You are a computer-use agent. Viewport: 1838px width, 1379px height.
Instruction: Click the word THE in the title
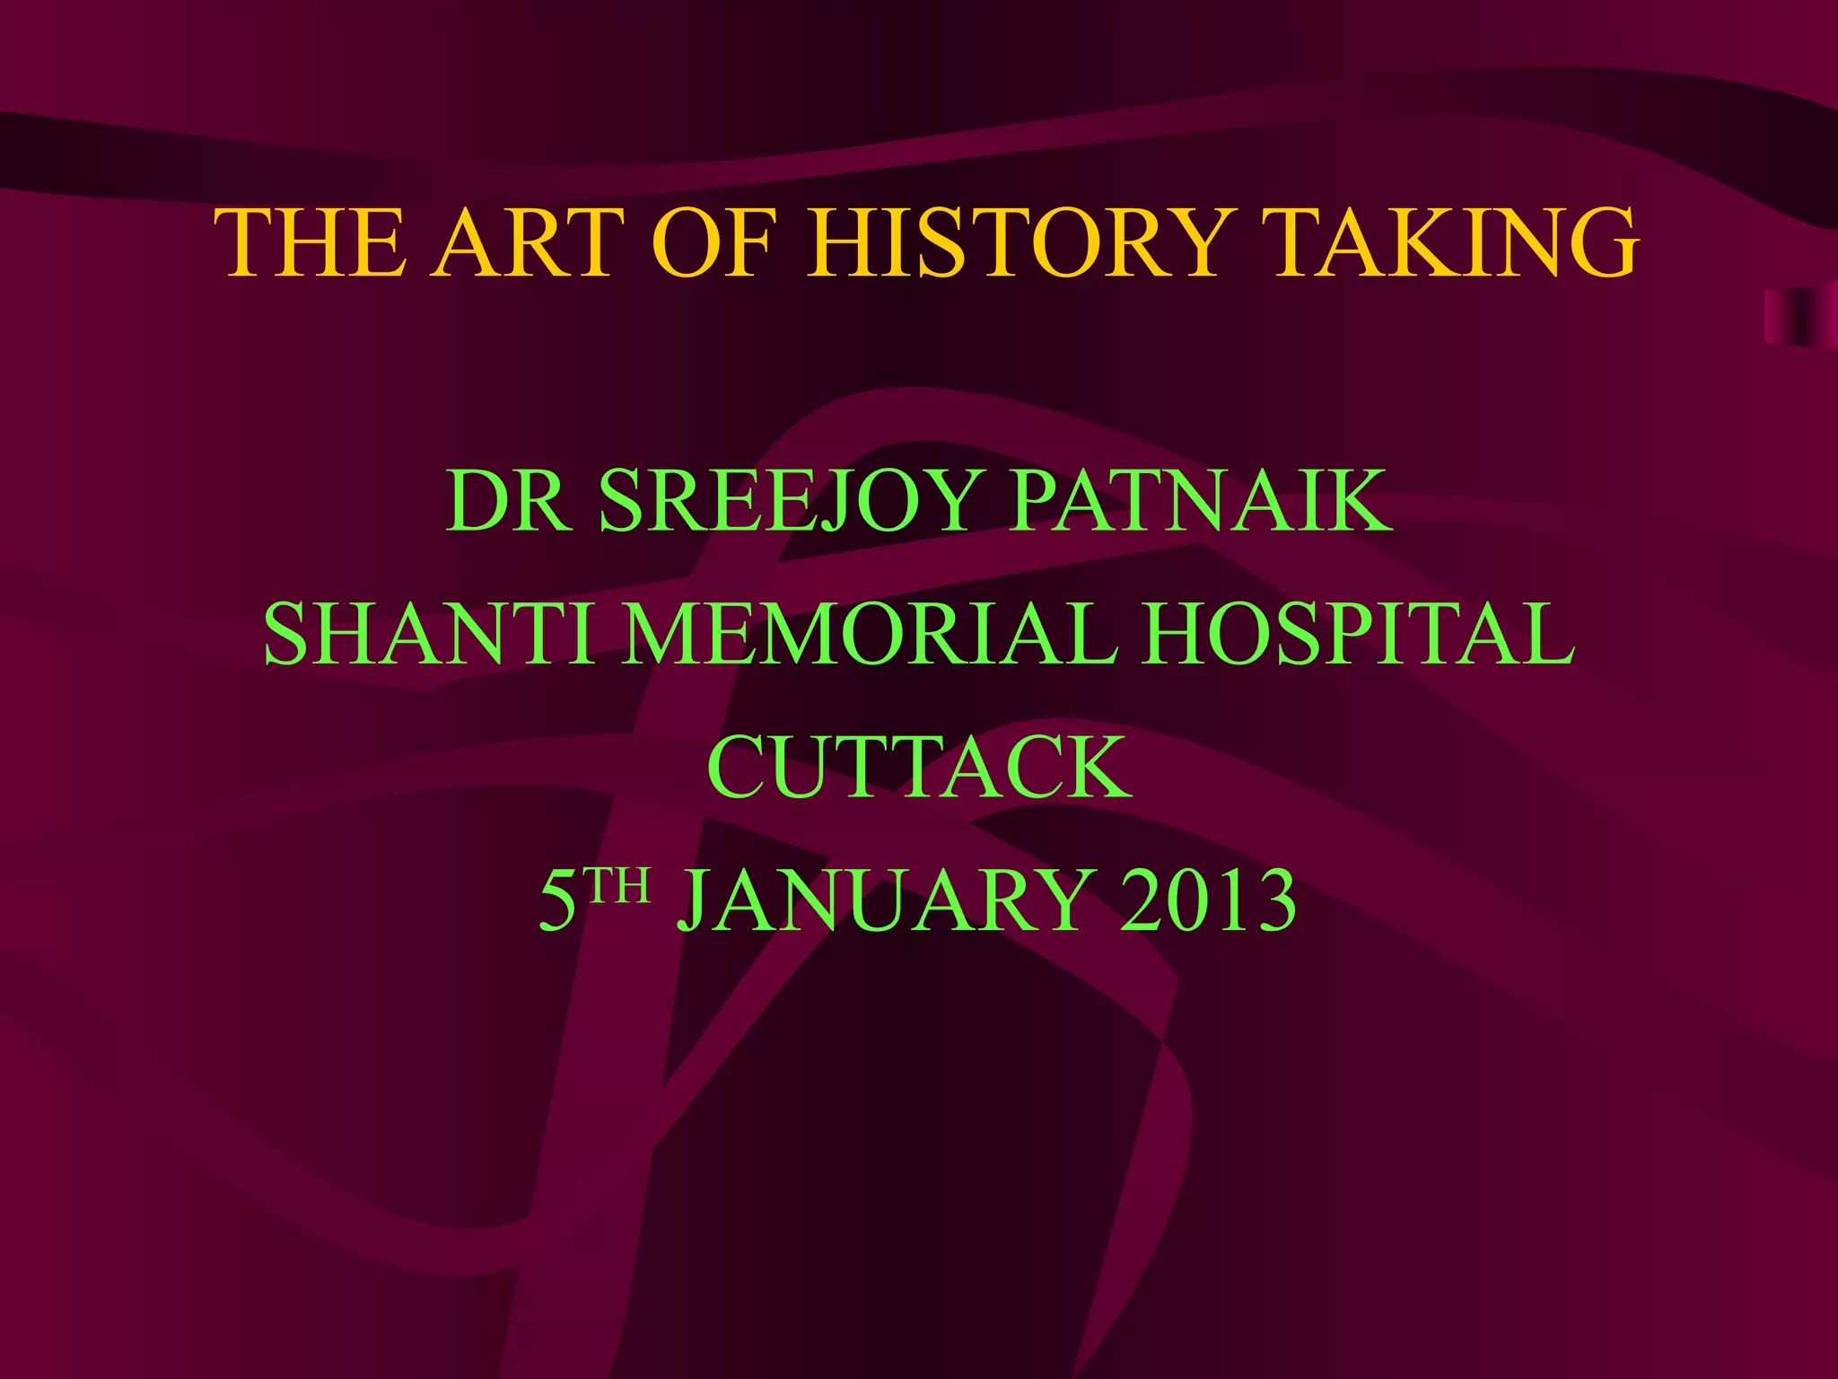tap(310, 243)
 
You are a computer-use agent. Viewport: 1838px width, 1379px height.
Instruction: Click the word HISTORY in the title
tap(1017, 243)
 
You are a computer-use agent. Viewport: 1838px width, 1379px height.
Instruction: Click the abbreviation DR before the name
tap(508, 500)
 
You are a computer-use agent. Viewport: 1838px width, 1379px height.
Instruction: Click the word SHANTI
tap(429, 634)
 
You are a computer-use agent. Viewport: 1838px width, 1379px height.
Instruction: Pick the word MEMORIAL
tap(871, 634)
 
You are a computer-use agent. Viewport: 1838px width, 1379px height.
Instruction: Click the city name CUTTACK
tap(919, 767)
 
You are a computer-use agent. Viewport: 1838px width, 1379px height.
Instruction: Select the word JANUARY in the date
tap(884, 900)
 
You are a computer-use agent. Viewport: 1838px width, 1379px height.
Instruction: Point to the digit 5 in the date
tap(558, 900)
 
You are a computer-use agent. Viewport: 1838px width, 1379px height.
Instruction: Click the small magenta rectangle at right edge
tap(1799, 317)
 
